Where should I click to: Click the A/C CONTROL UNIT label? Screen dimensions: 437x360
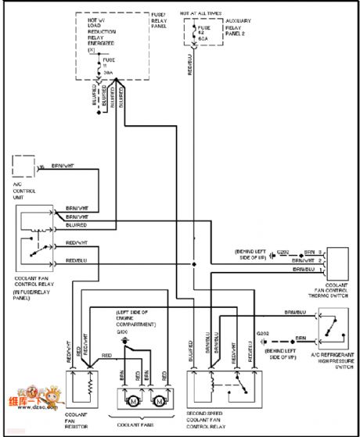coord(24,190)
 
